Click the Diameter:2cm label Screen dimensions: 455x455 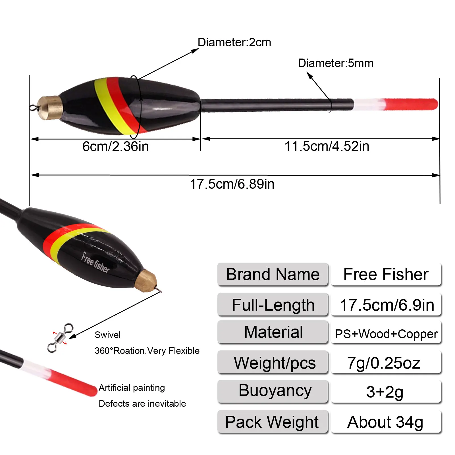pos(234,43)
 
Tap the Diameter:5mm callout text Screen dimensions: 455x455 pos(335,63)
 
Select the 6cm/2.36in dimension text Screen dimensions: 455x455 pos(115,147)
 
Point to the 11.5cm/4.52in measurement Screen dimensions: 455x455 pos(327,147)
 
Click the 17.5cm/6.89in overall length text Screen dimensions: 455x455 pos(232,184)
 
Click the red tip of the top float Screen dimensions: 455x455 pos(411,104)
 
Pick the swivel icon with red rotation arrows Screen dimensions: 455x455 pos(60,338)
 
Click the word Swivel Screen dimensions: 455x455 pos(107,335)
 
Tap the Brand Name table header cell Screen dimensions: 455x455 pos(273,275)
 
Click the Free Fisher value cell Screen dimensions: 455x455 pos(386,275)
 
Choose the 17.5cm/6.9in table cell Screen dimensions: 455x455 pos(386,305)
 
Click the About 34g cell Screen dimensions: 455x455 pos(386,422)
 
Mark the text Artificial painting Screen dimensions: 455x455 pos(132,388)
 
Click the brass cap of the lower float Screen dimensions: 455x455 pos(147,281)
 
